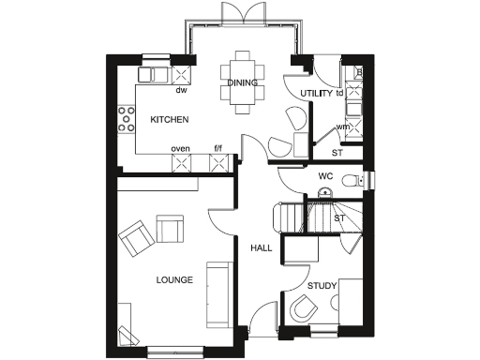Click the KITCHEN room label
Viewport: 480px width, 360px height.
171,120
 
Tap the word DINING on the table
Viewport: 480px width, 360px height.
242,83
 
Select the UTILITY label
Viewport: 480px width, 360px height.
315,94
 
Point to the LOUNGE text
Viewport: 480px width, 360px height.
174,279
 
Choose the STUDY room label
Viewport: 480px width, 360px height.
322,285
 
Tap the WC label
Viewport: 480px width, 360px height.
325,175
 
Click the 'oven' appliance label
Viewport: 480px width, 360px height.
181,149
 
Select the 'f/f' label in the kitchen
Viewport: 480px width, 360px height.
218,149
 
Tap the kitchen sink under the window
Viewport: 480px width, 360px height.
153,73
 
